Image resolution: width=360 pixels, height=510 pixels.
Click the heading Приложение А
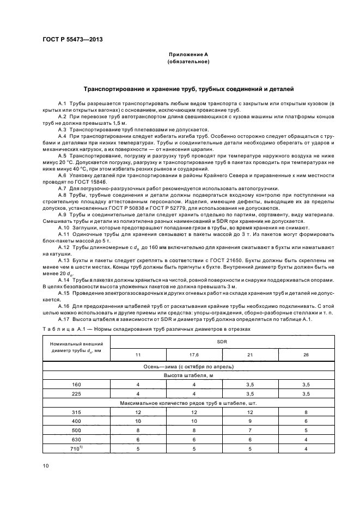(188, 55)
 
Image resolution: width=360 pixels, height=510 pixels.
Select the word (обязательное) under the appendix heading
(188, 62)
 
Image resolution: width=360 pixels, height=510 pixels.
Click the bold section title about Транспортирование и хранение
(188, 88)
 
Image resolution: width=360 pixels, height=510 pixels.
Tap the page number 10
(46, 466)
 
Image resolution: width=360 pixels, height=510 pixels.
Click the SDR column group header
(223, 342)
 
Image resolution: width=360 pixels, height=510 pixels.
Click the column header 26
(307, 355)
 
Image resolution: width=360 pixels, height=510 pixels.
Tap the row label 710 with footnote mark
(76, 448)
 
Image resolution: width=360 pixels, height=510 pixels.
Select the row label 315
(76, 412)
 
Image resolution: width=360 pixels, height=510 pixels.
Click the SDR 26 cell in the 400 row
(307, 421)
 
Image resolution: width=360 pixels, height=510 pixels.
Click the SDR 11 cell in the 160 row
(138, 385)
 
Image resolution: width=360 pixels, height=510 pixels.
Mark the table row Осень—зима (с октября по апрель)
(188, 367)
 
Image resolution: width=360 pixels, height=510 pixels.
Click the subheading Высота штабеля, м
(188, 375)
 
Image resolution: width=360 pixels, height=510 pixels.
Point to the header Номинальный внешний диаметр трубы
(76, 348)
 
